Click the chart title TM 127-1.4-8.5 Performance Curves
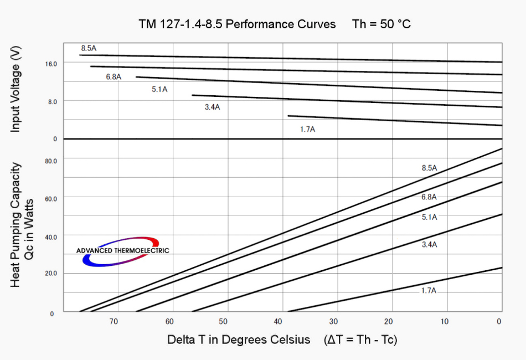[x=237, y=25]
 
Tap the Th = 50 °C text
[x=381, y=25]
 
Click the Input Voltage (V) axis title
[x=16, y=90]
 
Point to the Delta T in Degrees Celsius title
[x=239, y=340]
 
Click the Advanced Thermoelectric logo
[x=122, y=251]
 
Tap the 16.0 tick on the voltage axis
[x=51, y=64]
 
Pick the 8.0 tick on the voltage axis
[x=52, y=101]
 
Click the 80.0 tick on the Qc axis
[x=51, y=161]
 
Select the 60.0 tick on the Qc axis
[x=51, y=198]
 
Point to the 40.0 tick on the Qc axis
[x=51, y=237]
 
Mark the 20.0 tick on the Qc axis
[x=51, y=274]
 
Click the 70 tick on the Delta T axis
[x=114, y=321]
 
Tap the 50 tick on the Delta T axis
[x=224, y=321]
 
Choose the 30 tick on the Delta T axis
[x=334, y=321]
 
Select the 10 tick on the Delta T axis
[x=444, y=321]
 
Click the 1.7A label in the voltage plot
[x=307, y=129]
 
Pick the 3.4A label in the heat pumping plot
[x=429, y=245]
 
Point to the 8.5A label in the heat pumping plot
[x=429, y=168]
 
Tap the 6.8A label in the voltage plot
[x=114, y=77]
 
